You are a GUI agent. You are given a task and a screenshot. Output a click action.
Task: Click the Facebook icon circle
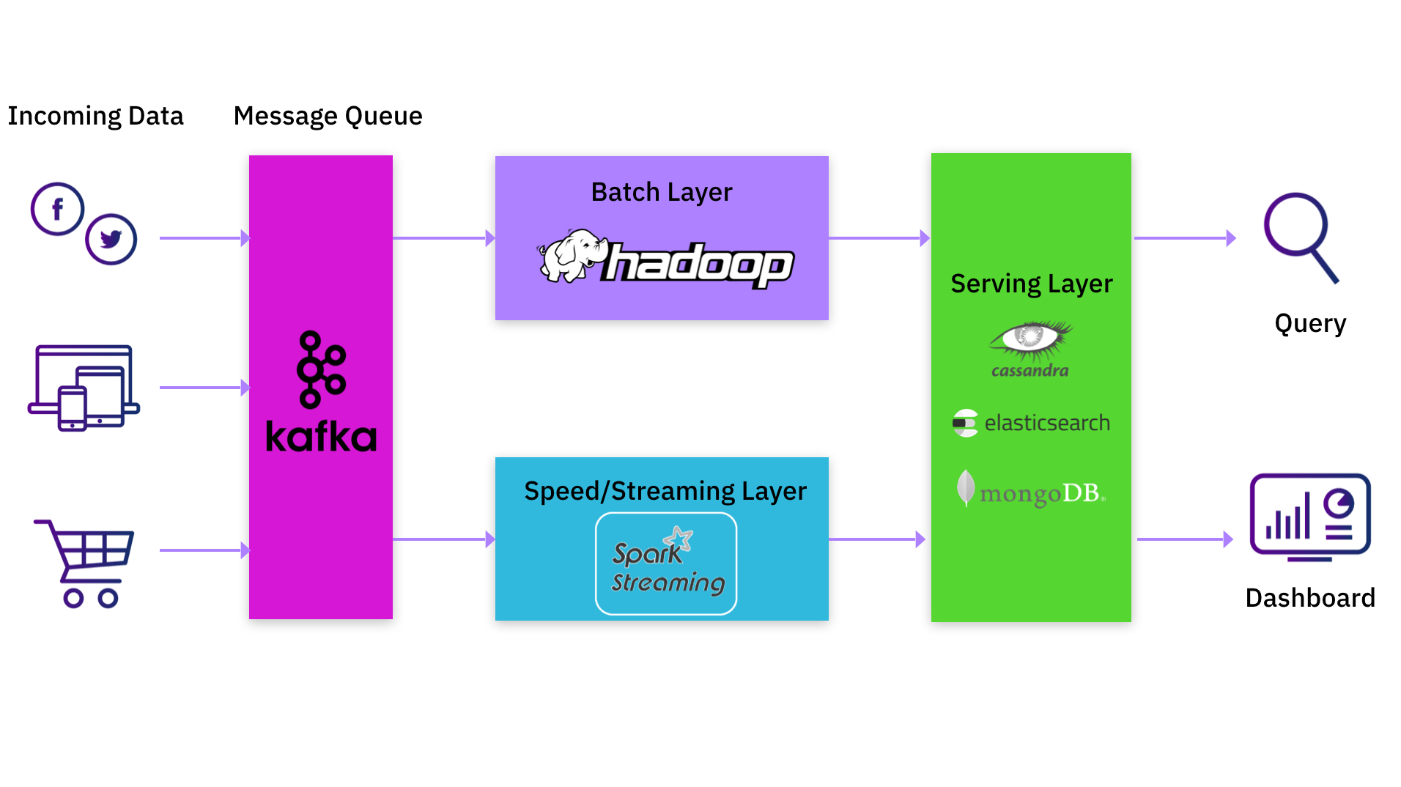(x=57, y=209)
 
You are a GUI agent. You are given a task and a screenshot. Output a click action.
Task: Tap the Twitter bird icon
(x=111, y=239)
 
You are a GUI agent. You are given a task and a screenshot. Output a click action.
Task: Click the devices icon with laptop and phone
(x=84, y=388)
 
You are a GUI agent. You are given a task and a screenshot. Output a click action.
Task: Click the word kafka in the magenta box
(x=321, y=437)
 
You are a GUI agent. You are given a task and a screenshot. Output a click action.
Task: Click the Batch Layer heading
(x=661, y=192)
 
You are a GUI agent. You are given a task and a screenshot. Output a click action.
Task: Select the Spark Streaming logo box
(x=666, y=564)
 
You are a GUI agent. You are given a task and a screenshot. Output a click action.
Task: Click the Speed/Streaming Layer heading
(x=665, y=491)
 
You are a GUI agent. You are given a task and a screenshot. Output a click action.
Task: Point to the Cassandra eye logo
(x=1030, y=339)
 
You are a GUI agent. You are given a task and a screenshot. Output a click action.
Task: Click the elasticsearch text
(x=1046, y=423)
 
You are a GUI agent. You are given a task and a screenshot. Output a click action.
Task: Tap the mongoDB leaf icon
(x=966, y=487)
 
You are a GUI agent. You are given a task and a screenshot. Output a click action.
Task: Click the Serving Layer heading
(x=1031, y=284)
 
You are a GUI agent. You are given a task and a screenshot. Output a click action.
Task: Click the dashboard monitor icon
(x=1309, y=516)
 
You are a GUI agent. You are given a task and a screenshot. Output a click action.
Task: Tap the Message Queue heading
(x=328, y=116)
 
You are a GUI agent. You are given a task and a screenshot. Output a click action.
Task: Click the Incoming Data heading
(x=95, y=116)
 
